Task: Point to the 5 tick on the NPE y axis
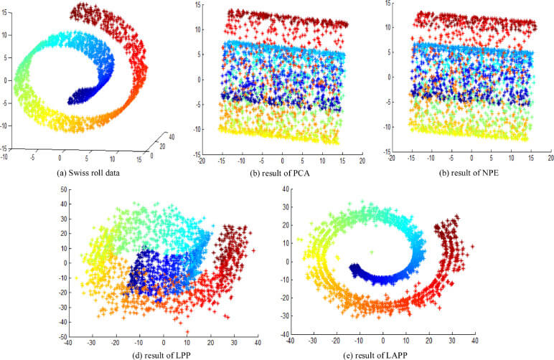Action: click(386, 52)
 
